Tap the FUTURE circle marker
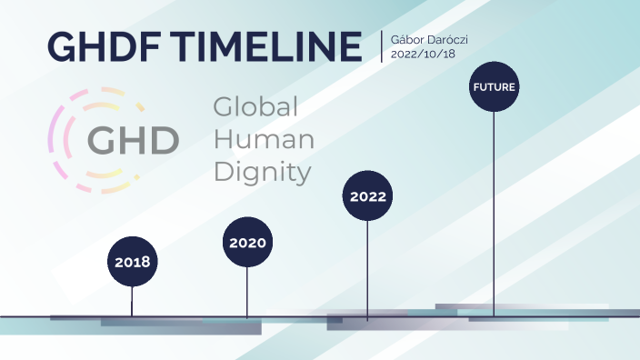pos(494,87)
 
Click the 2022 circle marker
pos(367,195)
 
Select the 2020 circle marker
pos(247,243)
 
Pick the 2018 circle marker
pos(132,262)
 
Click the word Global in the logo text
pos(255,107)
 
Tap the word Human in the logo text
pos(264,139)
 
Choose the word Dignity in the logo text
pos(262,172)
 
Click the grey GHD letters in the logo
pos(133,140)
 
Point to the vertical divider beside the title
pos(382,45)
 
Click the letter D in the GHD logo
pos(165,140)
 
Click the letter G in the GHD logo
pos(102,140)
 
